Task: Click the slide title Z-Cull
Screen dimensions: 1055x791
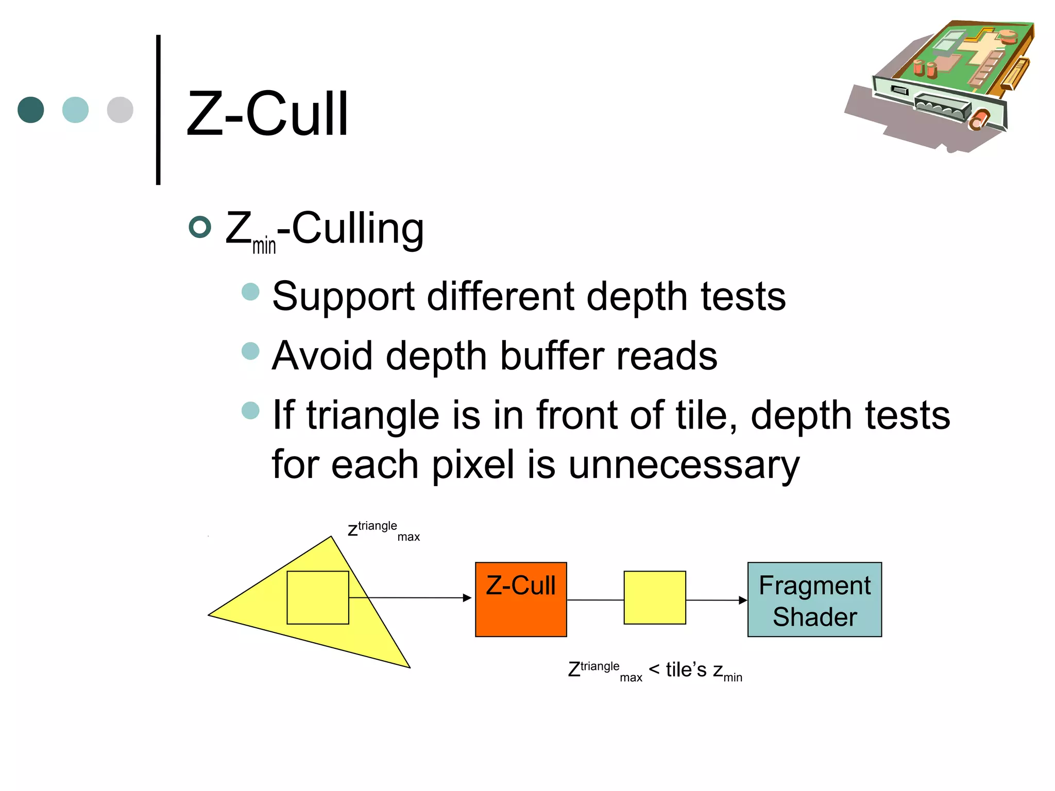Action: coord(267,114)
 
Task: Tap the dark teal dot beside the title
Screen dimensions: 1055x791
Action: coord(31,110)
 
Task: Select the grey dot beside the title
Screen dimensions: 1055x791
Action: coord(120,110)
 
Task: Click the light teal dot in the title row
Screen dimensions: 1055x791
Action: coord(75,110)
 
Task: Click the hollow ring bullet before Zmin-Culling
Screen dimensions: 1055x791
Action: coord(200,227)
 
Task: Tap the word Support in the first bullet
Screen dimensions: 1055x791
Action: coord(343,297)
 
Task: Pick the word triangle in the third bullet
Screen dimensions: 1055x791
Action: coord(373,415)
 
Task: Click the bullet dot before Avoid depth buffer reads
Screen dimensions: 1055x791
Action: coord(250,351)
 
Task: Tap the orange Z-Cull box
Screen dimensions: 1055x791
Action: coord(521,600)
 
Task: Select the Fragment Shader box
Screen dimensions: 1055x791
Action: coord(814,600)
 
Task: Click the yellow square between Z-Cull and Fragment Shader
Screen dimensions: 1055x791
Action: coord(655,598)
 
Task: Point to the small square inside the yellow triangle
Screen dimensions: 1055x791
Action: coord(317,598)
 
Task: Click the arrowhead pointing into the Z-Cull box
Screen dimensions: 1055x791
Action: coord(467,598)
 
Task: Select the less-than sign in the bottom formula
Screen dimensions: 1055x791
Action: coord(654,669)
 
